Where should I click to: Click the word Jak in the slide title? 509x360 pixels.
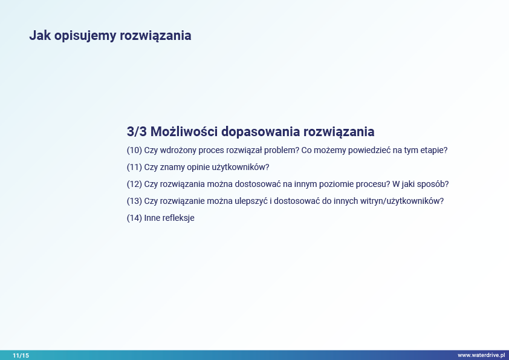(40, 36)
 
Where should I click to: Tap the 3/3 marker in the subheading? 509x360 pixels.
(137, 131)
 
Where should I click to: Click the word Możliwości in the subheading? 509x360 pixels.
(184, 131)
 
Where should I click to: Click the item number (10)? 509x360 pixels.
(134, 150)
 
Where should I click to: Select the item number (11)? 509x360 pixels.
(134, 167)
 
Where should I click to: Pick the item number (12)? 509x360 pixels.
(134, 184)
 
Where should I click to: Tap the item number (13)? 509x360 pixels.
(134, 201)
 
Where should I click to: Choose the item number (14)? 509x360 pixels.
(134, 218)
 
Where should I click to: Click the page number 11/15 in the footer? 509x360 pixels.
(21, 355)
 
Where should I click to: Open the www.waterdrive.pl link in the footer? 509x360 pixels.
(481, 355)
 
